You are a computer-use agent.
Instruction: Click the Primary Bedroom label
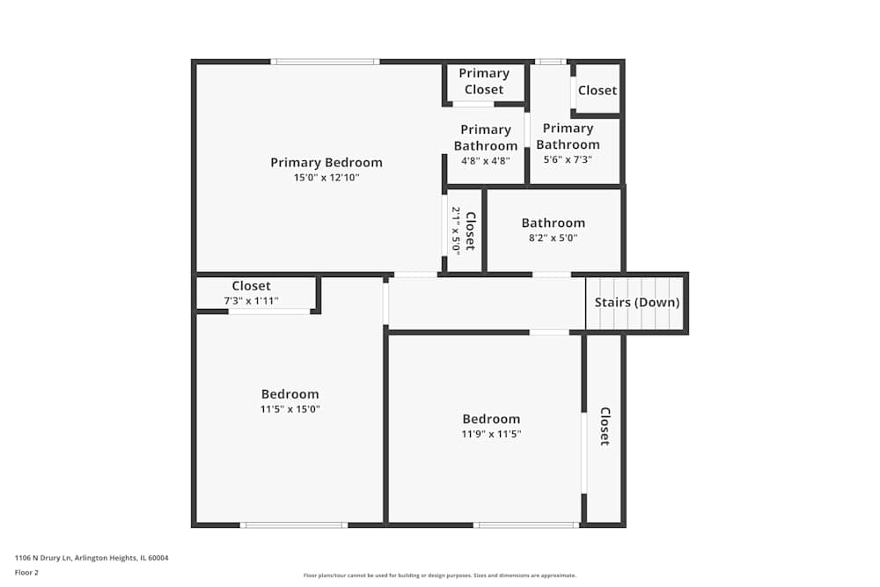(x=326, y=162)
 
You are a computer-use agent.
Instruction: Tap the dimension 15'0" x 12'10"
(x=326, y=178)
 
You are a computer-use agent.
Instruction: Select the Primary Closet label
(x=484, y=81)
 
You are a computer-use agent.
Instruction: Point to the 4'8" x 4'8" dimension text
(x=485, y=161)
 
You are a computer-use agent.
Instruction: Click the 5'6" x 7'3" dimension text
(x=568, y=160)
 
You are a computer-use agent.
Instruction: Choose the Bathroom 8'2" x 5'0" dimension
(x=553, y=238)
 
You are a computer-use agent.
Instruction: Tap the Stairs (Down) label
(x=637, y=303)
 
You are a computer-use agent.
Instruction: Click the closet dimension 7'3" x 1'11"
(x=251, y=301)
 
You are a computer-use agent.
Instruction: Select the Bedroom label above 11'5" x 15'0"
(x=290, y=394)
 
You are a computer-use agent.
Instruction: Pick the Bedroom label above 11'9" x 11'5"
(x=491, y=419)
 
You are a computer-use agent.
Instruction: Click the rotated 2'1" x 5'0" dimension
(x=456, y=231)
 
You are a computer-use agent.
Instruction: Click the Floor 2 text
(x=26, y=572)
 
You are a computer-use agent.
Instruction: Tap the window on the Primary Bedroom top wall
(x=325, y=62)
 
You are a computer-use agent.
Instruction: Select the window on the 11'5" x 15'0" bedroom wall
(x=294, y=525)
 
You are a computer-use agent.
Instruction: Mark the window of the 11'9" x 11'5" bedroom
(x=526, y=525)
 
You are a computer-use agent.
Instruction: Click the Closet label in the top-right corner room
(x=598, y=90)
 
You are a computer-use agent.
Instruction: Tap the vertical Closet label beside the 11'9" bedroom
(x=605, y=426)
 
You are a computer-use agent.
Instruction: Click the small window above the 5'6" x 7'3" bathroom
(x=551, y=62)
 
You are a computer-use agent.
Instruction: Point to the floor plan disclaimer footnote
(x=440, y=576)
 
